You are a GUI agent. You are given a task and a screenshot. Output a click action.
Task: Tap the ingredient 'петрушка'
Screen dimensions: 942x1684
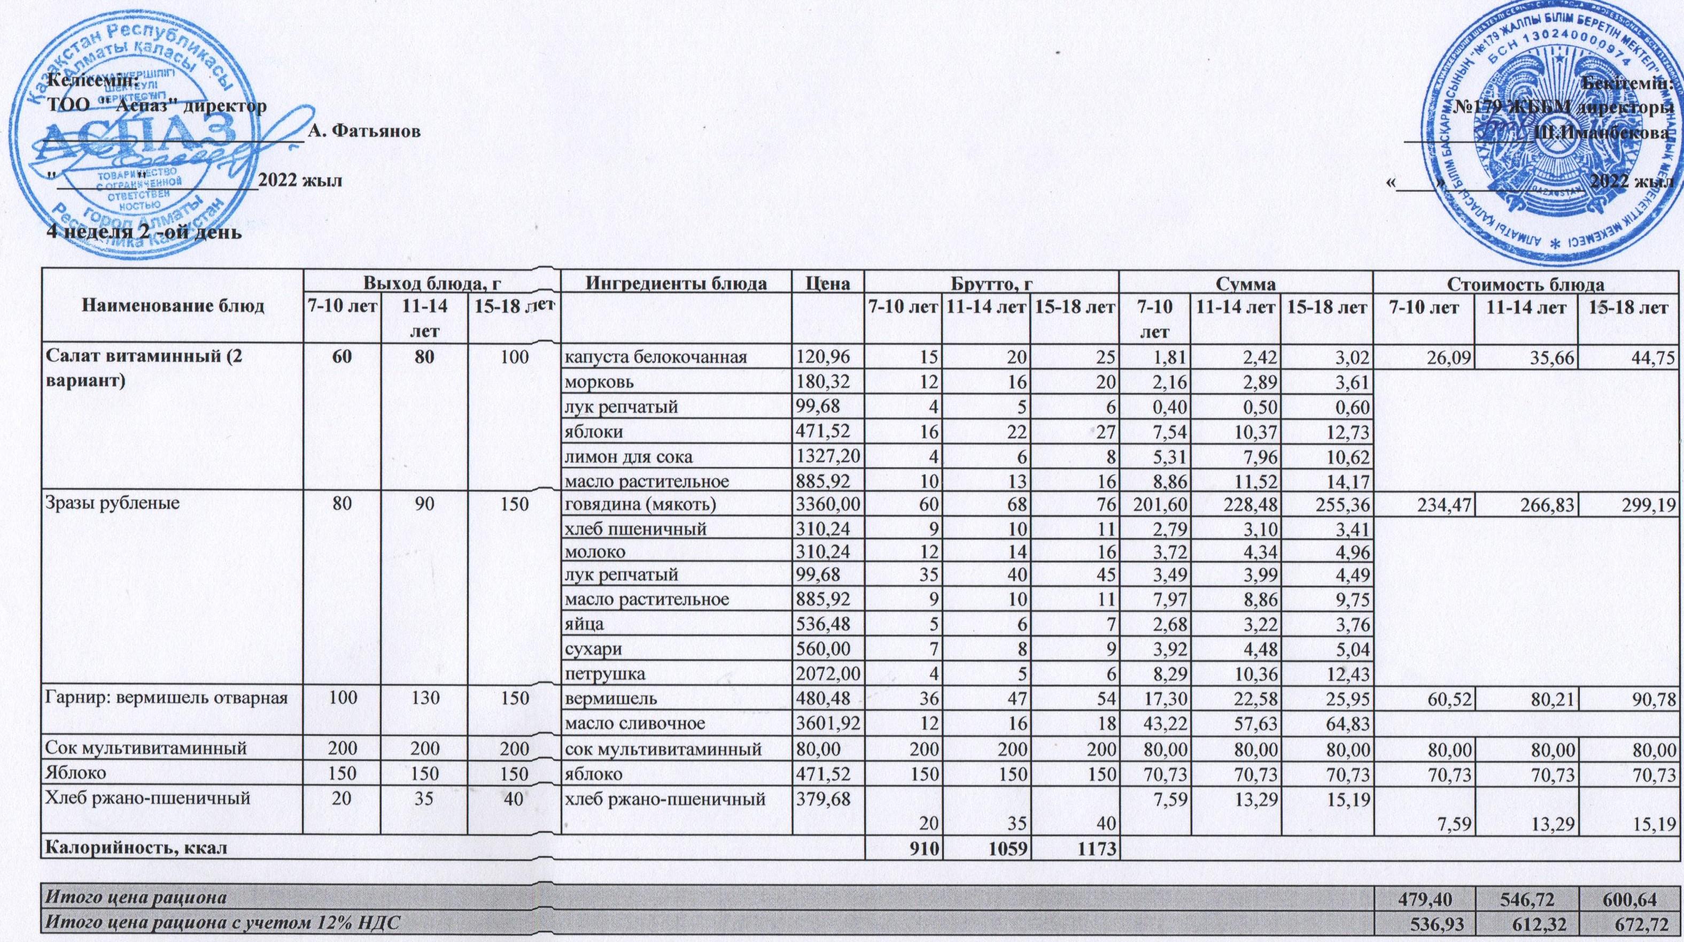(x=606, y=673)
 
